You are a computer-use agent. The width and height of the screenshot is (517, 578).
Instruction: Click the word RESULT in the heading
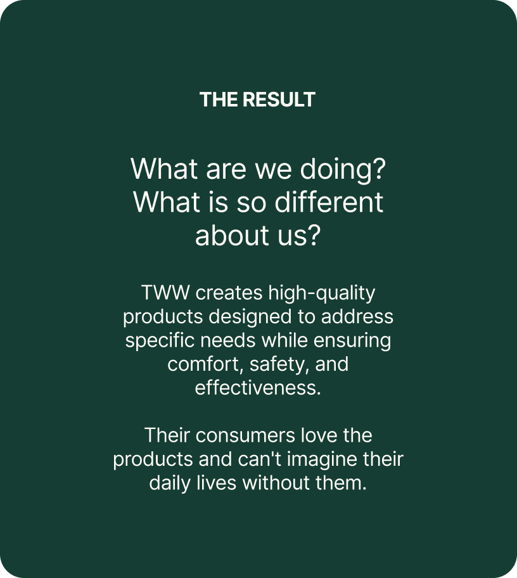[279, 100]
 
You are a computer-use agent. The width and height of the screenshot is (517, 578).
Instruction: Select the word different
[329, 202]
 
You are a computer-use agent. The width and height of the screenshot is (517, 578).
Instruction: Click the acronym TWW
[165, 293]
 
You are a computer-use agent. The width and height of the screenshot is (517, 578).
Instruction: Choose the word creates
[229, 293]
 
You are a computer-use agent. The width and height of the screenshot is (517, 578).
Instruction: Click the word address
[357, 317]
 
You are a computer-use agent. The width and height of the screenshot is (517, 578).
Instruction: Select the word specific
[160, 341]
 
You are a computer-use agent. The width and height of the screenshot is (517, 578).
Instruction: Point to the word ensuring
[352, 341]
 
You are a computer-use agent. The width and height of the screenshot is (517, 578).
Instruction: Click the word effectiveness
[258, 388]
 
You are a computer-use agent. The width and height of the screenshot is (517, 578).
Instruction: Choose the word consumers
[245, 436]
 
